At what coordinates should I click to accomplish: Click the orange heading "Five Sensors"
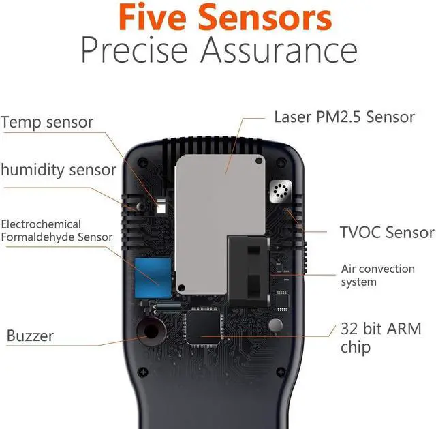coord(218,18)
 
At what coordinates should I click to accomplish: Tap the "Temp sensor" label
coord(47,123)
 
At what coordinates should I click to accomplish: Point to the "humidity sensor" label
coord(58,170)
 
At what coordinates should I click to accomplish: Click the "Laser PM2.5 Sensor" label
coord(344,117)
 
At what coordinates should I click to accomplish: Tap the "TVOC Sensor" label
coord(386,233)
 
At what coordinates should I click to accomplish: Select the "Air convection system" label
coord(377,275)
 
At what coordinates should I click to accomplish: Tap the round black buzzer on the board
coord(149,332)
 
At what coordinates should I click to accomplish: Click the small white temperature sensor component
coord(161,207)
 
